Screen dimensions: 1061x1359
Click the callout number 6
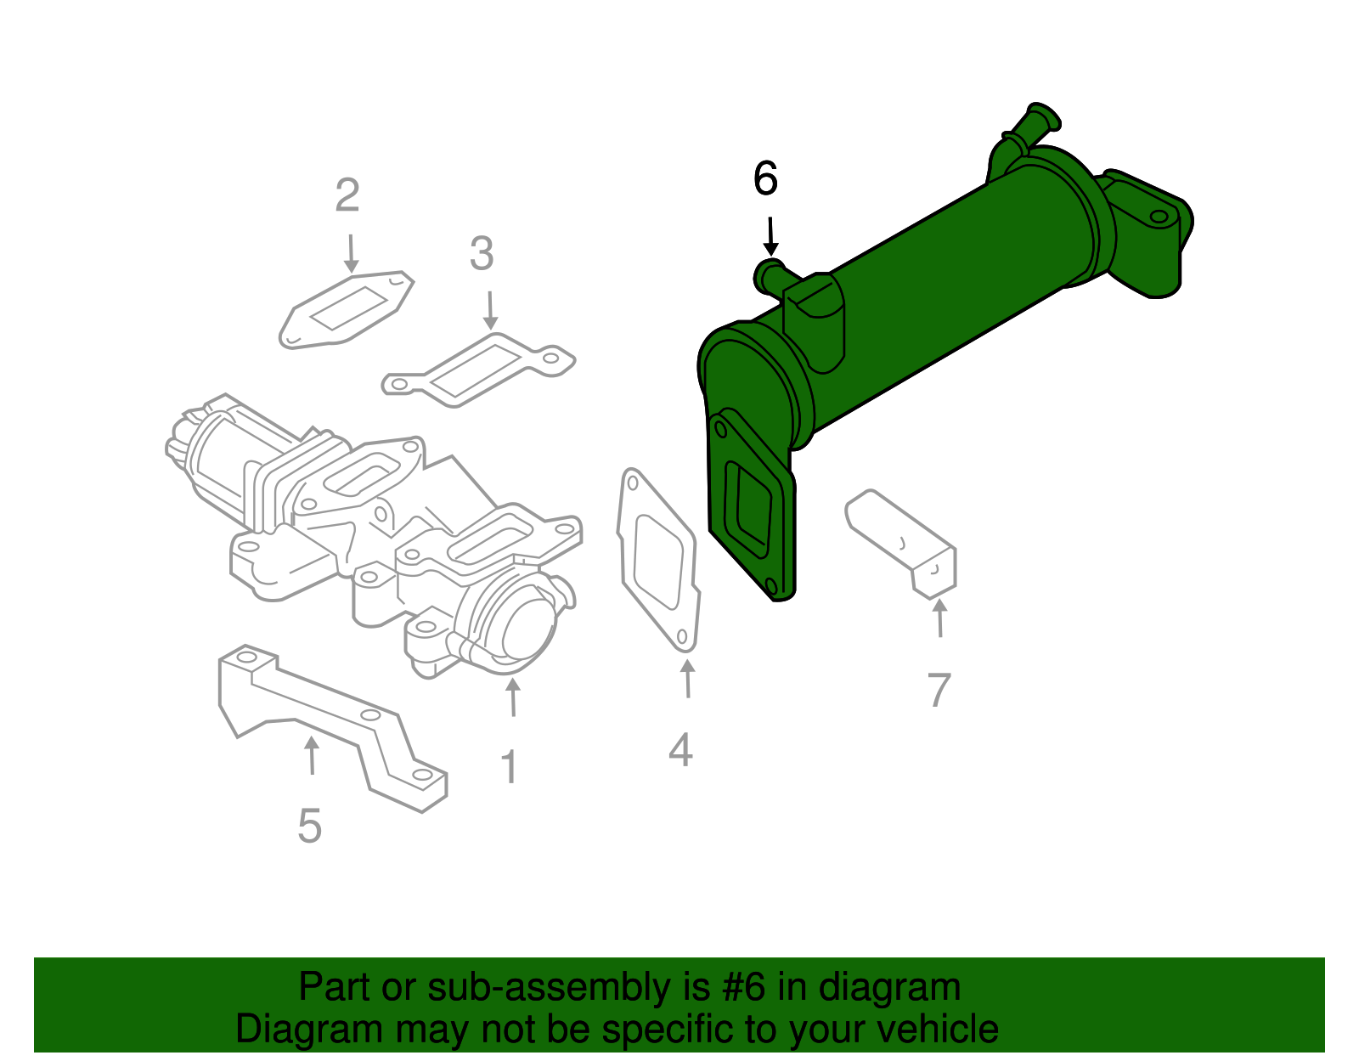click(765, 179)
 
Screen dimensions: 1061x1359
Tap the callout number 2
click(347, 195)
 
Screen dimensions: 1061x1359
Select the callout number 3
click(482, 254)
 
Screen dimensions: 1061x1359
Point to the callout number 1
click(509, 768)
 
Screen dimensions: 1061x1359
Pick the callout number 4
click(680, 750)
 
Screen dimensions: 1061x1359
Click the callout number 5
click(310, 826)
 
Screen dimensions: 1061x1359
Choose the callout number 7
click(939, 690)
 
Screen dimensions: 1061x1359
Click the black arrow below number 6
click(770, 236)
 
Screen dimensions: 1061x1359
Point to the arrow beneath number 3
click(489, 311)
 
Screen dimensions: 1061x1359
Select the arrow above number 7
click(939, 618)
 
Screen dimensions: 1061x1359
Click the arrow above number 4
click(688, 679)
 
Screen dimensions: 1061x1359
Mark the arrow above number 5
click(312, 755)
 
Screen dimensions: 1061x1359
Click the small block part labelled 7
click(900, 541)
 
